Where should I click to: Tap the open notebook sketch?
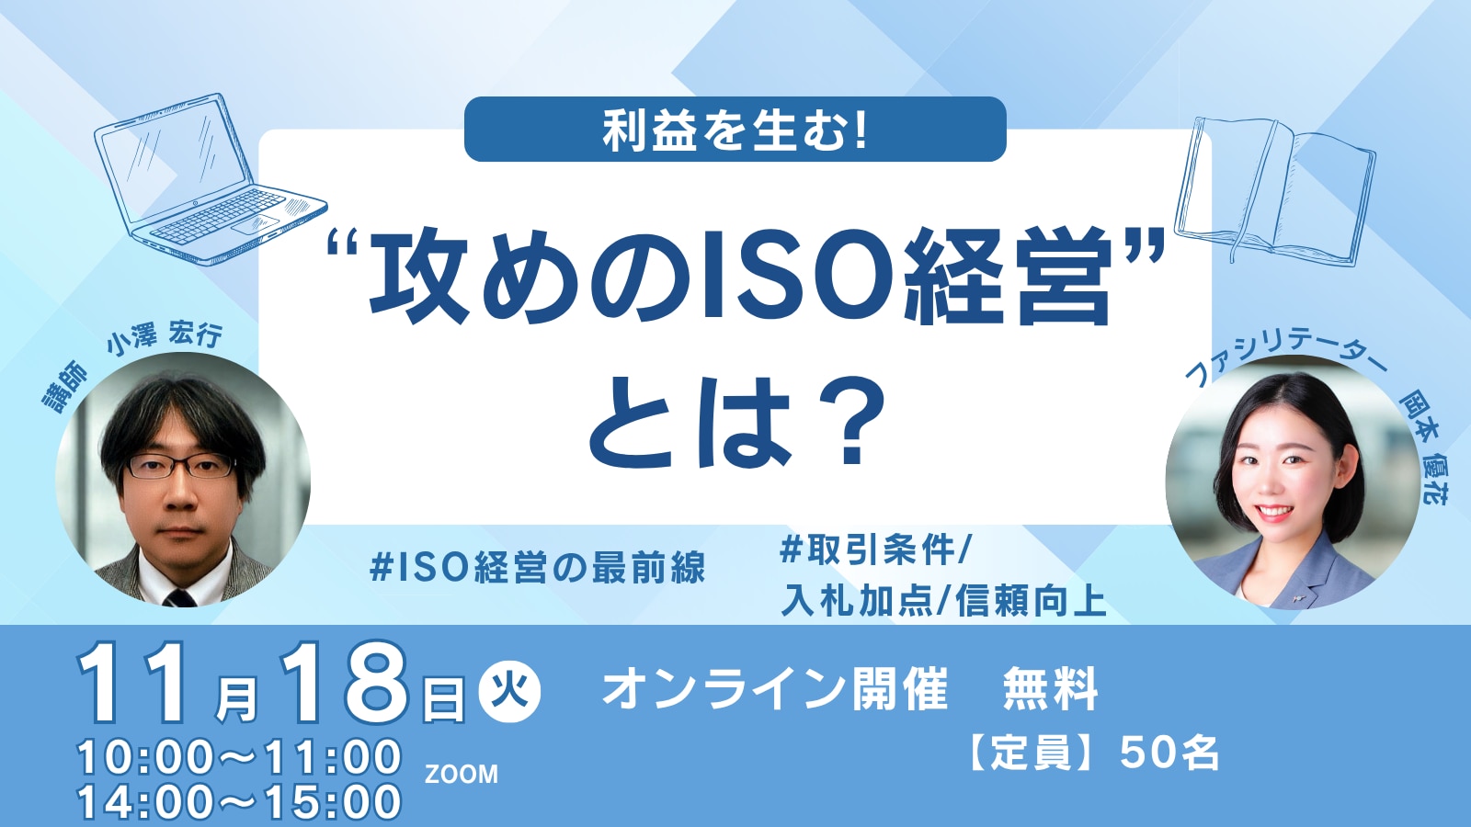point(1274,189)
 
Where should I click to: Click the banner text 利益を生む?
point(735,130)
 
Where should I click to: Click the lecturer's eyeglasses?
point(180,465)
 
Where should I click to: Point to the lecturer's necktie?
point(179,597)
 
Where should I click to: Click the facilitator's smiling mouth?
point(1272,513)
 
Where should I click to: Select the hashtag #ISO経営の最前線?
point(537,568)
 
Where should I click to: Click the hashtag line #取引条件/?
point(874,549)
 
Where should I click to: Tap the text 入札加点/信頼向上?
point(943,601)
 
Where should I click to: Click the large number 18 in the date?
point(346,683)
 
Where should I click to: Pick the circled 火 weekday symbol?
point(509,692)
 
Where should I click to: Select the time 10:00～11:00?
point(239,757)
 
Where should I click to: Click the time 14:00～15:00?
point(239,802)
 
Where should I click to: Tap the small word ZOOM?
point(461,775)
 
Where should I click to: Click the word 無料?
point(1049,689)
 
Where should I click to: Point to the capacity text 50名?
point(1169,753)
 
